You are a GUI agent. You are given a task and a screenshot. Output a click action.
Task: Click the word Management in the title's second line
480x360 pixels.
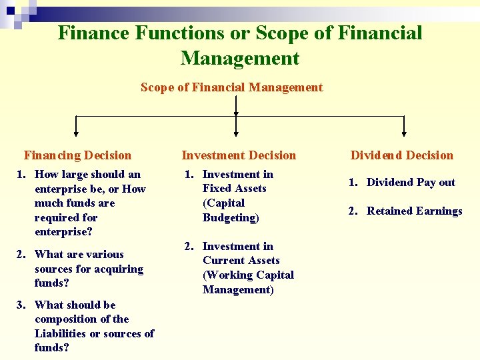coord(240,58)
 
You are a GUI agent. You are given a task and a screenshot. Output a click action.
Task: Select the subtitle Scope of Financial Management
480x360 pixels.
coord(231,87)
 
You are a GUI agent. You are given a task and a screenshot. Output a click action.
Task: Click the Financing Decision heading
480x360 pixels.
coord(77,155)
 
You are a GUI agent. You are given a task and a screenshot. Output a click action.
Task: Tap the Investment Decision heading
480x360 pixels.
coord(239,155)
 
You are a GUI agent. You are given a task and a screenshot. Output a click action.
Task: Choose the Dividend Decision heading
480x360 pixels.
coord(402,155)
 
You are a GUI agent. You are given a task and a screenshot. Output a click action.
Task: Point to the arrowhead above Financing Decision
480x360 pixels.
coord(75,134)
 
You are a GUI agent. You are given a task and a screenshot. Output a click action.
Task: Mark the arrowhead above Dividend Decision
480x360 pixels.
coord(404,134)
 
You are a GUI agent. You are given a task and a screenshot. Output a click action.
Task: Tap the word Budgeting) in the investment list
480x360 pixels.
coord(231,217)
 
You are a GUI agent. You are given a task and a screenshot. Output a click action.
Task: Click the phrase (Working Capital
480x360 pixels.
coord(248,275)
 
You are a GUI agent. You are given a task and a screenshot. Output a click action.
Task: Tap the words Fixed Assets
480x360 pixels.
coord(234,189)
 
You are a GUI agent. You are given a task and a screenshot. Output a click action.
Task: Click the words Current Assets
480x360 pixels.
coord(241,261)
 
